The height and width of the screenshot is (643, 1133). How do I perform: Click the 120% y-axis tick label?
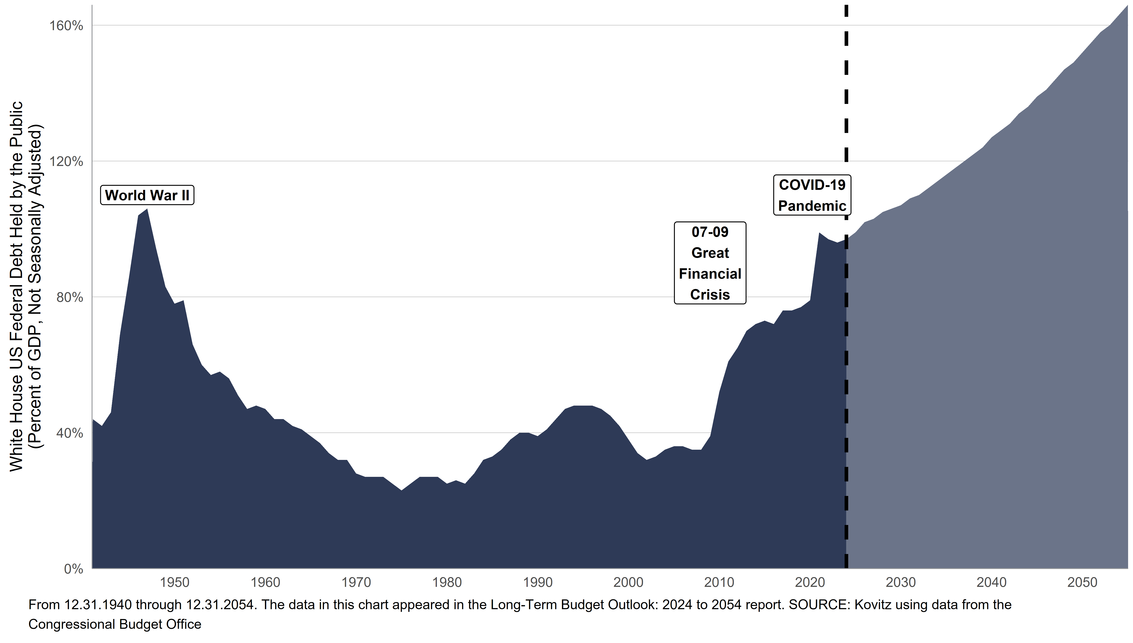coord(66,162)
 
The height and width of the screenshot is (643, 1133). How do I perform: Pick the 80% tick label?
coord(70,297)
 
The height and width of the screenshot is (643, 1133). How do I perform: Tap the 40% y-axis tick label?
coord(70,433)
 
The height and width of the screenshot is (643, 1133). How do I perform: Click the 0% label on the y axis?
coord(73,569)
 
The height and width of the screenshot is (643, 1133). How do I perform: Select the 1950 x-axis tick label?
coord(175,583)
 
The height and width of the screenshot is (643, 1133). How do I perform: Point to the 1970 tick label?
coord(356,583)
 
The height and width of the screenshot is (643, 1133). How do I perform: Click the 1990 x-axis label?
coord(538,583)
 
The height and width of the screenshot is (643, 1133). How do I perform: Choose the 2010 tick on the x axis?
coord(719,583)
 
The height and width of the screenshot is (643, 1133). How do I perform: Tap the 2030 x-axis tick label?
coord(901,583)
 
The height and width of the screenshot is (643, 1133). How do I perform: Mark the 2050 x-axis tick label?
coord(1082,583)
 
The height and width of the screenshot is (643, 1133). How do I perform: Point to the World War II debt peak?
coord(147,209)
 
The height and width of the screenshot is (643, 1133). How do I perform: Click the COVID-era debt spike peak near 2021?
coord(819,233)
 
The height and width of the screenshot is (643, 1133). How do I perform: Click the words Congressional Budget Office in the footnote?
coord(115,624)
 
